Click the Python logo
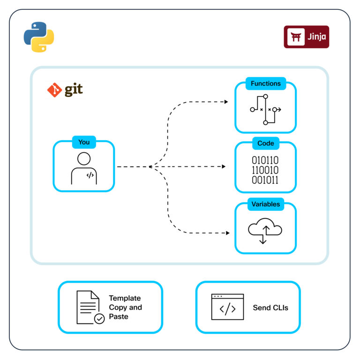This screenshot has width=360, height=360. coord(39,37)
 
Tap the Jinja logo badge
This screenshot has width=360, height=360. coord(307,37)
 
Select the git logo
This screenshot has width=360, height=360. coord(65,90)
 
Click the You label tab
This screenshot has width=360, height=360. coord(84,142)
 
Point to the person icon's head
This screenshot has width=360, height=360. coord(84,158)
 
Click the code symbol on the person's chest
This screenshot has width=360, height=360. coord(90,175)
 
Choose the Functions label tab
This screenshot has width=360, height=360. coord(265,84)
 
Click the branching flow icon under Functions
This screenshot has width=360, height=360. coord(265,110)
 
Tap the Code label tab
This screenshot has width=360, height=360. coord(265,143)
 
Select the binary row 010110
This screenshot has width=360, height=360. coord(265,161)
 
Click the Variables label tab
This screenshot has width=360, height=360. coord(265,204)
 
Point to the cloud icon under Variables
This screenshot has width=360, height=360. coord(265,231)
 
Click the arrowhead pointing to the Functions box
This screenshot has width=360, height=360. coord(226,102)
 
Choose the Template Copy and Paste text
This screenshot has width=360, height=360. coord(125,307)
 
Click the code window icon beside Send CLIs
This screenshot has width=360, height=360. coord(227,307)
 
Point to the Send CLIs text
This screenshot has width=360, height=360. coord(270,308)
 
